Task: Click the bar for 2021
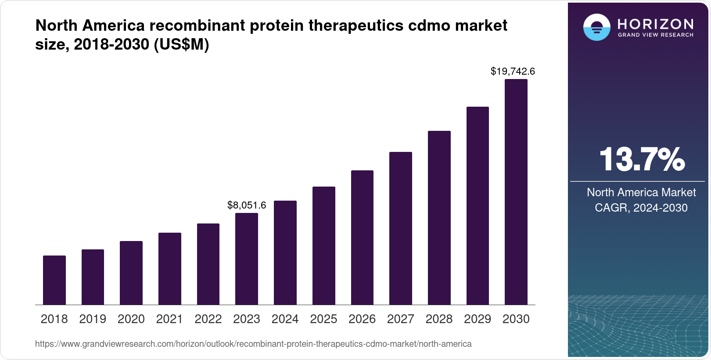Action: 170,269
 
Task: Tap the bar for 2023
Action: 247,259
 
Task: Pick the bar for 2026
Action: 362,238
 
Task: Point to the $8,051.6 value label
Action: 247,205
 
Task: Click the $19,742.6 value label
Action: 513,71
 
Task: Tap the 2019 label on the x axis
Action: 93,319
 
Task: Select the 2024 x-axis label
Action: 285,319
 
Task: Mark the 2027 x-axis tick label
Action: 400,319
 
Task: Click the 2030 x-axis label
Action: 516,319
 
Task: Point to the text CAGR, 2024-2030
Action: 641,208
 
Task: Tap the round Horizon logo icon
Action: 596,27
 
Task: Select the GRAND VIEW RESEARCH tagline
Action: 656,35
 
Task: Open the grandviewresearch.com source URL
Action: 253,344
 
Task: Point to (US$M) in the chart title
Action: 181,44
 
